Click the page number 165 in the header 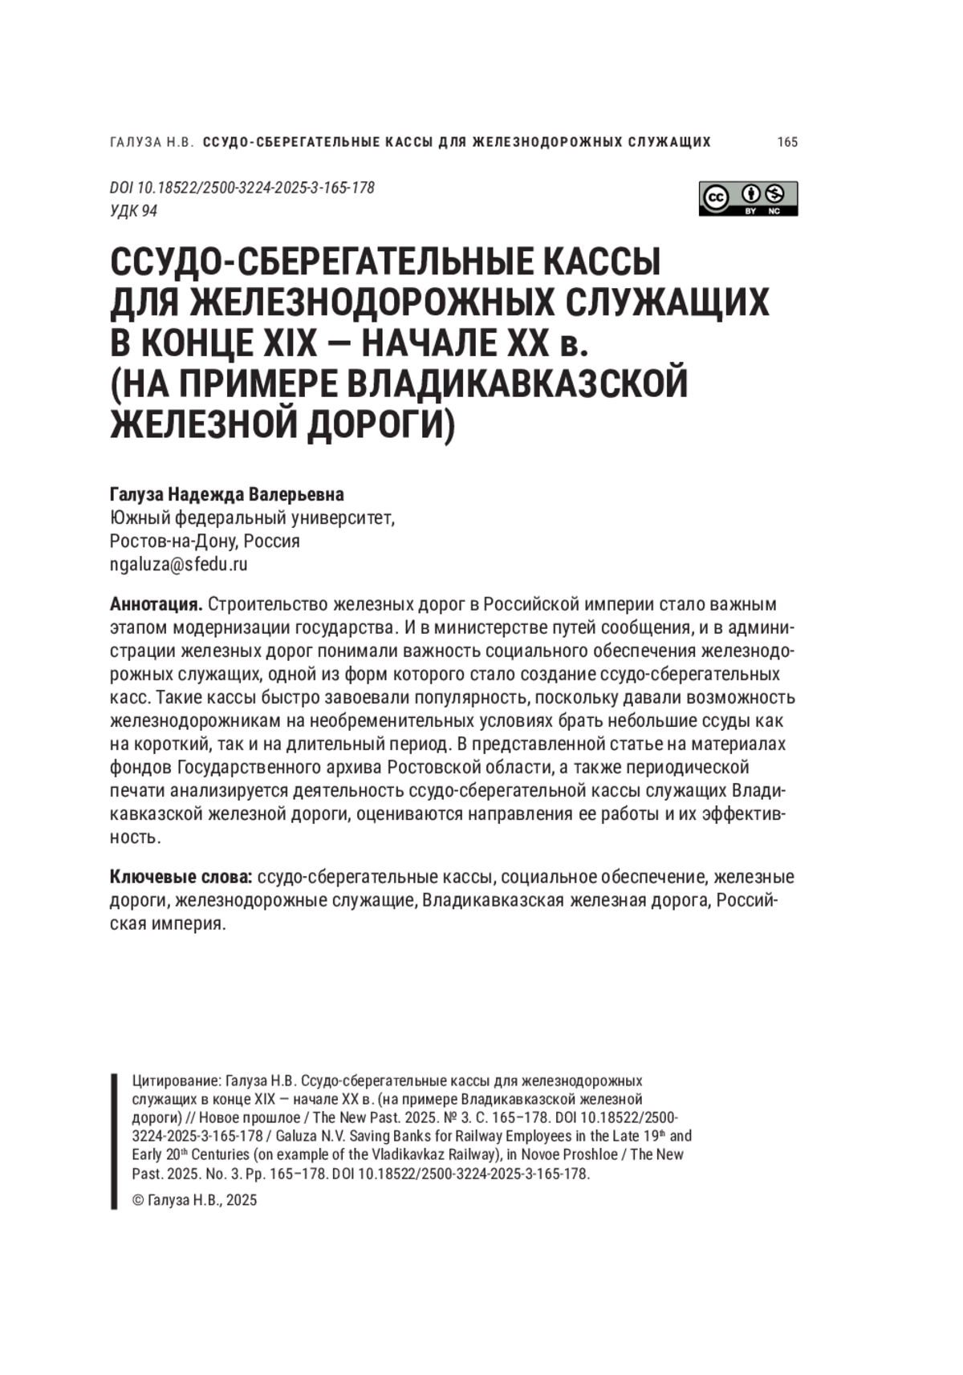787,142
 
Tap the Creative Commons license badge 748,198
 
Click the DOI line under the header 242,188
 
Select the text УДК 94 133,211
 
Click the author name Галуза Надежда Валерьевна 226,494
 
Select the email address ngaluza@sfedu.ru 178,564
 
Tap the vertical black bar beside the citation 114,1140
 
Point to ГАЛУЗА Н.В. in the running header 152,142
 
